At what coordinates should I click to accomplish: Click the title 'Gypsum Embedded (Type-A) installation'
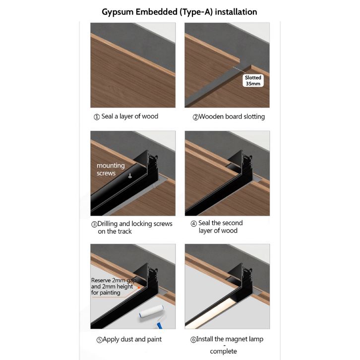click(180, 12)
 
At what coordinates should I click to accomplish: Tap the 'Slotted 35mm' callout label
click(253, 81)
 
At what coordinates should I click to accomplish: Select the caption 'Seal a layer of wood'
click(130, 117)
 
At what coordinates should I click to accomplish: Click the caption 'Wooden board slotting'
click(232, 117)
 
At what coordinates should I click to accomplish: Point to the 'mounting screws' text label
click(111, 169)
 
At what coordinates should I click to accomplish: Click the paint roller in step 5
click(152, 315)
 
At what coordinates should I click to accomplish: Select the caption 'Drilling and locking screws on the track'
click(135, 227)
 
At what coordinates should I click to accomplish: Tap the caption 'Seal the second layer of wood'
click(220, 227)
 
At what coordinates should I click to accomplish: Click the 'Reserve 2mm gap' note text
click(114, 280)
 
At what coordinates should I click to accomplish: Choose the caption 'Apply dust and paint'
click(132, 339)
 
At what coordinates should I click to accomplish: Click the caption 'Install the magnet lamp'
click(230, 339)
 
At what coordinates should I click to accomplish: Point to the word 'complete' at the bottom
click(224, 351)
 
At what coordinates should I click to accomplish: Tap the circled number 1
click(97, 117)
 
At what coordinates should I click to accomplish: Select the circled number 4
click(194, 224)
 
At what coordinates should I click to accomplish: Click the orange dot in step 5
click(139, 288)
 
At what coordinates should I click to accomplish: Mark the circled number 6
click(193, 340)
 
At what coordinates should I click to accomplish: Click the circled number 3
click(94, 224)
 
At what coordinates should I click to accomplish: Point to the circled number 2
click(195, 118)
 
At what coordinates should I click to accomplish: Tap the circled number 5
click(99, 340)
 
